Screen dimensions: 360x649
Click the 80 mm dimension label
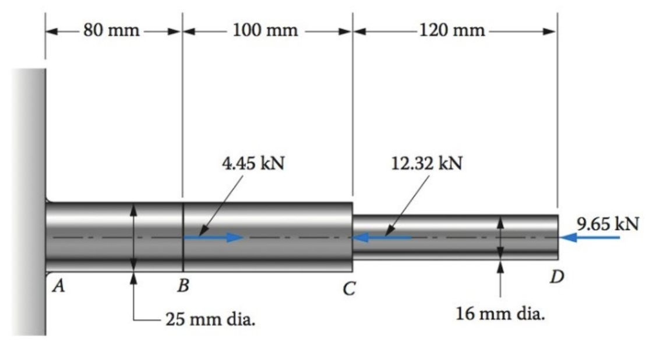coord(111,30)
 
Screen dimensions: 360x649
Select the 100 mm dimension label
coord(266,30)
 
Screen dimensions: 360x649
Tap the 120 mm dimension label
coord(453,30)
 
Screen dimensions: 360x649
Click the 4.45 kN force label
coord(253,163)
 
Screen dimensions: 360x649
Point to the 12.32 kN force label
coord(427,163)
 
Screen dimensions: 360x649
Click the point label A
coord(58,286)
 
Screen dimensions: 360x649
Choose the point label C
coord(349,288)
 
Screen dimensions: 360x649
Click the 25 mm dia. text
coord(210,320)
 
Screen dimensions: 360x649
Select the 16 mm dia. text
coord(500,315)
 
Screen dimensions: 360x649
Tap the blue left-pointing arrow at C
coord(382,237)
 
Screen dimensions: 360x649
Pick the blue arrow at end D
coord(588,237)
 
